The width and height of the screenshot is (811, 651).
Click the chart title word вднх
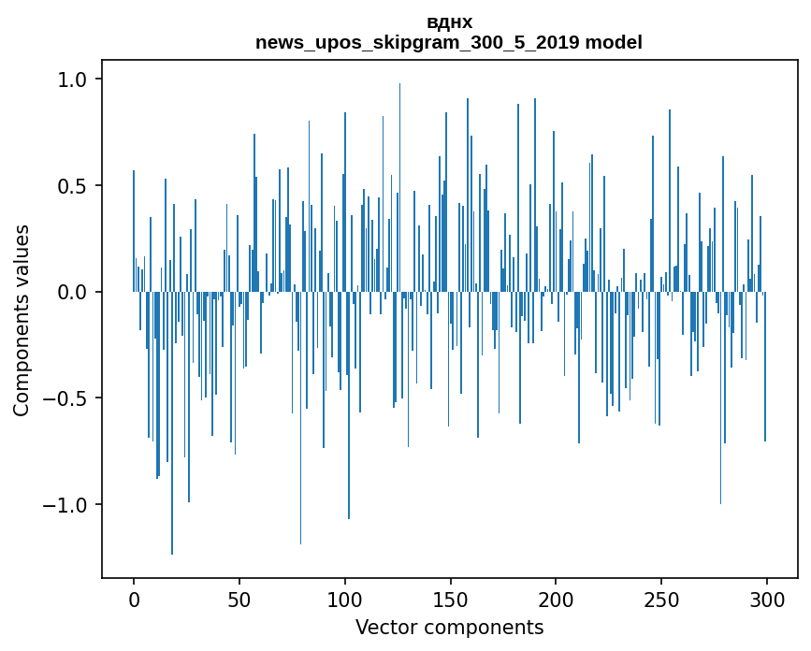tap(449, 22)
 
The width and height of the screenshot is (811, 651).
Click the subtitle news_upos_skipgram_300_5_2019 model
tap(449, 42)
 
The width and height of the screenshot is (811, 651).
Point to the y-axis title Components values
tap(21, 320)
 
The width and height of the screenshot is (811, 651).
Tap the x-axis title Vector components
tap(449, 627)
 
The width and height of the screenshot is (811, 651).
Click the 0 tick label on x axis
tap(134, 599)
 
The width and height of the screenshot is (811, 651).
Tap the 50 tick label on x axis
tap(239, 599)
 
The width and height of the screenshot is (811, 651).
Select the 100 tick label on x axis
tap(345, 599)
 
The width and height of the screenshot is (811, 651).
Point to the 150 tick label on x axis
tap(451, 599)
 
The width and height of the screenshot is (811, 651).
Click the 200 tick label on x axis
tap(556, 599)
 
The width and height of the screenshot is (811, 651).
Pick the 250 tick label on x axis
tap(661, 599)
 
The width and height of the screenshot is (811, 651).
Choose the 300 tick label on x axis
tap(767, 599)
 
